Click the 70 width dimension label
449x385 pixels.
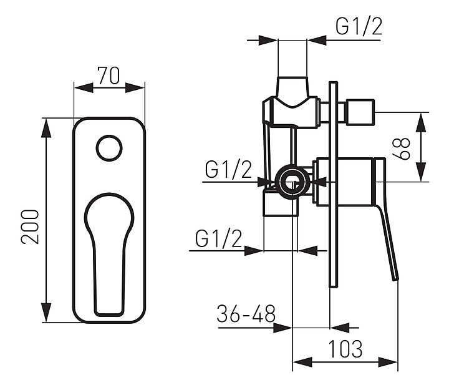(109, 76)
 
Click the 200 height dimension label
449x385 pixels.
(30, 227)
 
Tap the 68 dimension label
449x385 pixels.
(402, 149)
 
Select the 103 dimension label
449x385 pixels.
(345, 349)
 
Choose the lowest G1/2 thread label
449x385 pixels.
(218, 238)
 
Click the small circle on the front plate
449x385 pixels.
(109, 148)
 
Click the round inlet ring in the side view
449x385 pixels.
(292, 182)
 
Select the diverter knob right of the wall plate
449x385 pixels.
(360, 112)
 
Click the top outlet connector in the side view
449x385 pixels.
(292, 86)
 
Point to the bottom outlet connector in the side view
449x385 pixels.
(281, 204)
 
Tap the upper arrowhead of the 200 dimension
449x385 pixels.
(46, 129)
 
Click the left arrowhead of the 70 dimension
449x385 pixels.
(84, 87)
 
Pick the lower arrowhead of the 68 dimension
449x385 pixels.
(421, 172)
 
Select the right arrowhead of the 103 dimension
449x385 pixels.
(388, 362)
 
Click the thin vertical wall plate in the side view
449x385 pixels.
(334, 184)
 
